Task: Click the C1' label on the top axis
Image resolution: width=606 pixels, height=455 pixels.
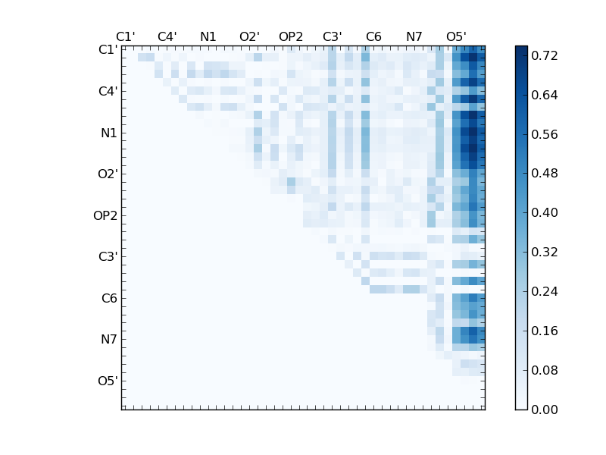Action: pyautogui.click(x=125, y=36)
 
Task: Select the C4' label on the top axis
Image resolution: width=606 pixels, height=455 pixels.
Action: pyautogui.click(x=167, y=36)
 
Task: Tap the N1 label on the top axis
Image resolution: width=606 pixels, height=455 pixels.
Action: pyautogui.click(x=208, y=36)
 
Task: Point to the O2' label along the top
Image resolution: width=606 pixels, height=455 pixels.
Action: pyautogui.click(x=249, y=36)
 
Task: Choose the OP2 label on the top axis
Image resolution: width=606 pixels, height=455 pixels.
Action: pyautogui.click(x=291, y=36)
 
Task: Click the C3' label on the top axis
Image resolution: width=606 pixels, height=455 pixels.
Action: pyautogui.click(x=332, y=36)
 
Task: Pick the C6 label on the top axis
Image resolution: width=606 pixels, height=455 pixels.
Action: pyautogui.click(x=373, y=36)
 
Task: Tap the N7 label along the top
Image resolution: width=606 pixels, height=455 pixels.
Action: pyautogui.click(x=414, y=36)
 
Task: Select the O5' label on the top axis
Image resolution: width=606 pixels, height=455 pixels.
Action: pyautogui.click(x=456, y=36)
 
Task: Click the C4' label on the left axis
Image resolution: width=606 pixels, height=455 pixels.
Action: pyautogui.click(x=108, y=91)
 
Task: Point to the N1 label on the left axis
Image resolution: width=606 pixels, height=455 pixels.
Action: pyautogui.click(x=109, y=133)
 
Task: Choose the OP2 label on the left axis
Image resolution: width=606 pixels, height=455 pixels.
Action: pyautogui.click(x=105, y=215)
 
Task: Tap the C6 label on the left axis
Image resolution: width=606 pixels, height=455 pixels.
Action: pyautogui.click(x=109, y=298)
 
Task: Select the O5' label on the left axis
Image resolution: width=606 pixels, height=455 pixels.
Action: pyautogui.click(x=108, y=381)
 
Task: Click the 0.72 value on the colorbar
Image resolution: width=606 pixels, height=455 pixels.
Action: pyautogui.click(x=545, y=55)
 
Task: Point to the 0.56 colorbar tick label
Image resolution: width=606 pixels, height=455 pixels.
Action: pyautogui.click(x=545, y=134)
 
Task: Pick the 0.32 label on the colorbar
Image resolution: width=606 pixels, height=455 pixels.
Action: pyautogui.click(x=545, y=252)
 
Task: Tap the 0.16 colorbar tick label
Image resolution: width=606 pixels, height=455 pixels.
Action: pyautogui.click(x=545, y=331)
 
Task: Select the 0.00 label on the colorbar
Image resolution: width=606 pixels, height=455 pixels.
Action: pyautogui.click(x=545, y=409)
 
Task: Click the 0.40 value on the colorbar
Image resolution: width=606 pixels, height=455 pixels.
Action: pyautogui.click(x=545, y=212)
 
